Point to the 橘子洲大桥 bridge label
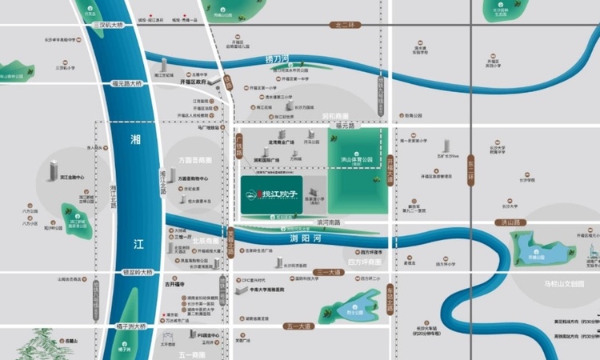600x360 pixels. (x=129, y=326)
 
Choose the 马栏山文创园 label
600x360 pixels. (x=570, y=283)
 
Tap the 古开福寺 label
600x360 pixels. (x=174, y=283)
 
